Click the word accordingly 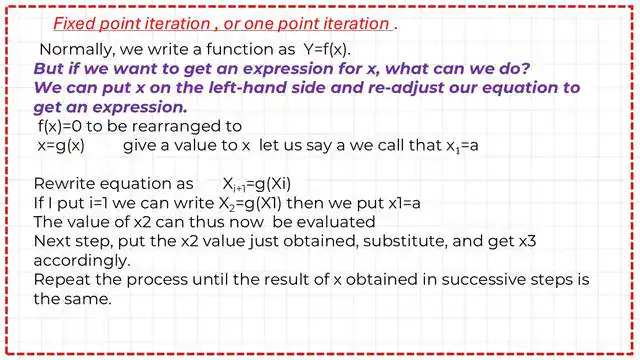click(79, 260)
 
